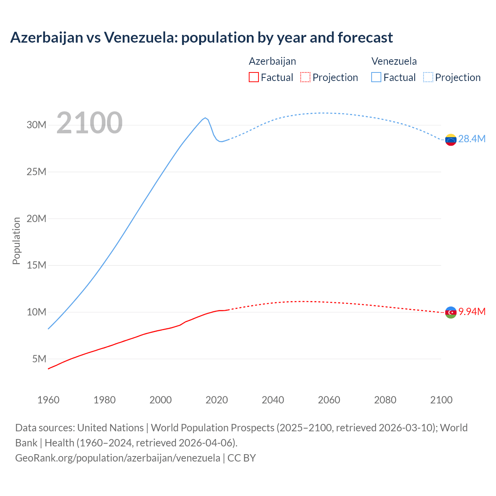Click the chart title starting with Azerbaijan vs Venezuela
201,38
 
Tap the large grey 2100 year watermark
90,123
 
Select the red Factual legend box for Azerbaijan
253,77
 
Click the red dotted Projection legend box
305,77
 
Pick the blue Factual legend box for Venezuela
376,77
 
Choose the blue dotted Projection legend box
428,77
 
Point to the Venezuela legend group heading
394,61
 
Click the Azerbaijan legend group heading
272,61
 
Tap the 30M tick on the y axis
36,125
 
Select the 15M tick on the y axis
36,265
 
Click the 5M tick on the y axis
39,359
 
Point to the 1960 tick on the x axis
48,400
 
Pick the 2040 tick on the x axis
273,400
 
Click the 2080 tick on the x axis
385,400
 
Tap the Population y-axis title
16,241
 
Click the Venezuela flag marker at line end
451,139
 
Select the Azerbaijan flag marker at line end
451,312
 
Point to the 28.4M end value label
472,139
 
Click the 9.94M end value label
472,312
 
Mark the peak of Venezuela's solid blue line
205,118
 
